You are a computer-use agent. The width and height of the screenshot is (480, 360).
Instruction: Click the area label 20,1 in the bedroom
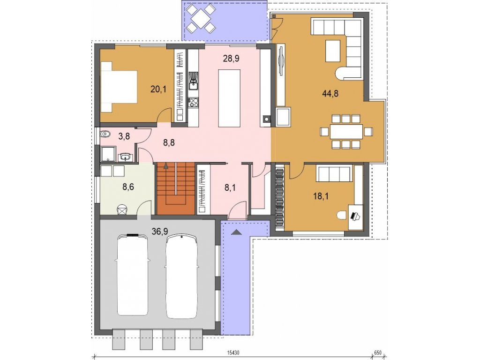point(158,90)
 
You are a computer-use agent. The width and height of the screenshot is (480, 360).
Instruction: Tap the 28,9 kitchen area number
point(231,59)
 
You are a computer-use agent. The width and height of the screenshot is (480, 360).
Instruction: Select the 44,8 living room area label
point(330,93)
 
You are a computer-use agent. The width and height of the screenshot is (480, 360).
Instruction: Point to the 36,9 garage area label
point(160,232)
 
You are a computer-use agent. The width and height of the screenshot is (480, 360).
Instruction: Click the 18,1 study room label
point(321,196)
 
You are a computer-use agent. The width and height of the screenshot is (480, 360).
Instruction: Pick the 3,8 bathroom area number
point(124,136)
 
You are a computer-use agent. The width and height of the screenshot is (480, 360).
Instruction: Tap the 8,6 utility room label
point(128,187)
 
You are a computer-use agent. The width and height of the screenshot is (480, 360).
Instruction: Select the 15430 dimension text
point(233,352)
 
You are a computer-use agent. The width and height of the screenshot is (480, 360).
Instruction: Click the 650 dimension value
point(378,352)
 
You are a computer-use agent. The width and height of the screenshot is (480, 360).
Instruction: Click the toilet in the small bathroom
point(105,134)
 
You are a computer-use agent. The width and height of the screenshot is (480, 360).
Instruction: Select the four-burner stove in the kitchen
point(194,102)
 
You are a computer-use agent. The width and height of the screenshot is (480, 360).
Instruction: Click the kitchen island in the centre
point(229,98)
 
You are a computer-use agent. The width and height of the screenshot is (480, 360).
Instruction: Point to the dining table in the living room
point(346,132)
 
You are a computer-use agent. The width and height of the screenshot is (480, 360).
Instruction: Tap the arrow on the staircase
point(166,166)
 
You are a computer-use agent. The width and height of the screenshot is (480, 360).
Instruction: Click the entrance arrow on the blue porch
point(236,232)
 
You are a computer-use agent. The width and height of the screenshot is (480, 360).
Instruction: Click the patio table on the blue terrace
point(201,19)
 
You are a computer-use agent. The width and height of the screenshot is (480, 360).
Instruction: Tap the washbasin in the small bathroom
point(125,157)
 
